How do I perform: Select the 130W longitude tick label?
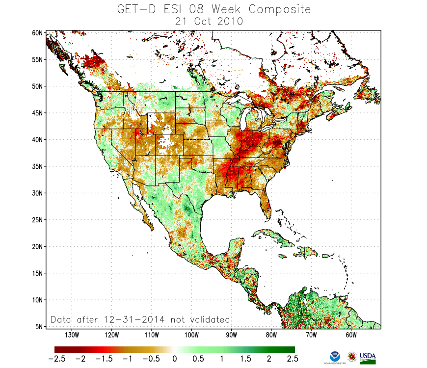pyautogui.click(x=72, y=335)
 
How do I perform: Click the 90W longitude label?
pyautogui.click(x=231, y=335)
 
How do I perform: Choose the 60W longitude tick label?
pyautogui.click(x=350, y=335)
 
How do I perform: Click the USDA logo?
pyautogui.click(x=368, y=357)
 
